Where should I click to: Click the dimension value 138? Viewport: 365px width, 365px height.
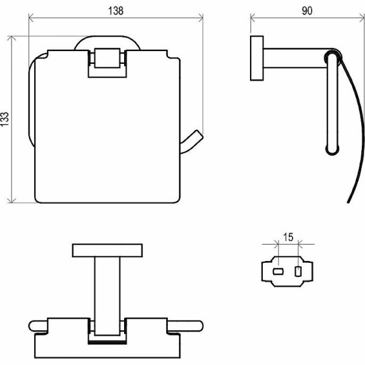coord(116,11)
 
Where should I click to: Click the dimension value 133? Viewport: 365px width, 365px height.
coord(4,119)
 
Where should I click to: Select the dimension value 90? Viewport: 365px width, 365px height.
coord(307,11)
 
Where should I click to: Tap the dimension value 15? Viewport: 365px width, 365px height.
coord(288,237)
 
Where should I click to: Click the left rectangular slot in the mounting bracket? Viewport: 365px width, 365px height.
coord(278,271)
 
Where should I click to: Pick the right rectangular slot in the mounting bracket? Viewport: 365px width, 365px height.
coord(298,271)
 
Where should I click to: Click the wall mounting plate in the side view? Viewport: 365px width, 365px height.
coord(257,58)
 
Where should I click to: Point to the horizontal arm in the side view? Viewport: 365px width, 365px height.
coord(295,58)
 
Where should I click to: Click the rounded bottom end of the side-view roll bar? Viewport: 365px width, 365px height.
coord(332,151)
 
